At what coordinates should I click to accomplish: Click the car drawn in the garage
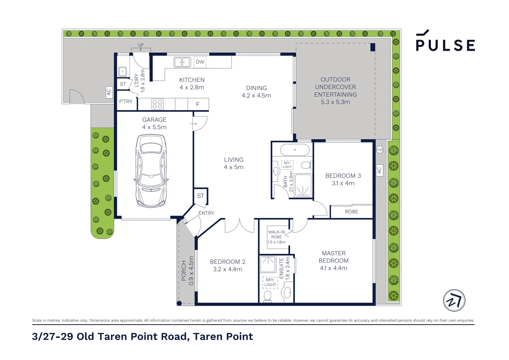click(151, 171)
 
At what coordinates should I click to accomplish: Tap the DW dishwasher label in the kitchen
click(200, 62)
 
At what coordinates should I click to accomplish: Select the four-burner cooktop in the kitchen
click(158, 104)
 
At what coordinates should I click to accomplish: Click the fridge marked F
click(198, 104)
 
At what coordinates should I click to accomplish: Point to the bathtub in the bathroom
click(295, 150)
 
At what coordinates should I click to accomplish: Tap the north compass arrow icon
click(454, 300)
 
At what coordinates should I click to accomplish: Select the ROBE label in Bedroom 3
click(351, 212)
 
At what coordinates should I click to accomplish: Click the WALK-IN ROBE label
click(276, 234)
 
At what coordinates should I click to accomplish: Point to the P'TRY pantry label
click(126, 101)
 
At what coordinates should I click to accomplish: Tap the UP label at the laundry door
click(141, 45)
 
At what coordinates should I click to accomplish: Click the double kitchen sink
click(182, 62)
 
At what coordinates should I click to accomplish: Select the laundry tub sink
click(122, 72)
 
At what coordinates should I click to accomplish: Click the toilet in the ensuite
click(267, 296)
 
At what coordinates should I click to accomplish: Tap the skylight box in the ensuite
click(270, 282)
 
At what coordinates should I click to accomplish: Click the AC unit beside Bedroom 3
click(379, 170)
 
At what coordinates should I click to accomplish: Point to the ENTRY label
click(206, 213)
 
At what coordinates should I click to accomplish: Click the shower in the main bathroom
click(303, 185)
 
